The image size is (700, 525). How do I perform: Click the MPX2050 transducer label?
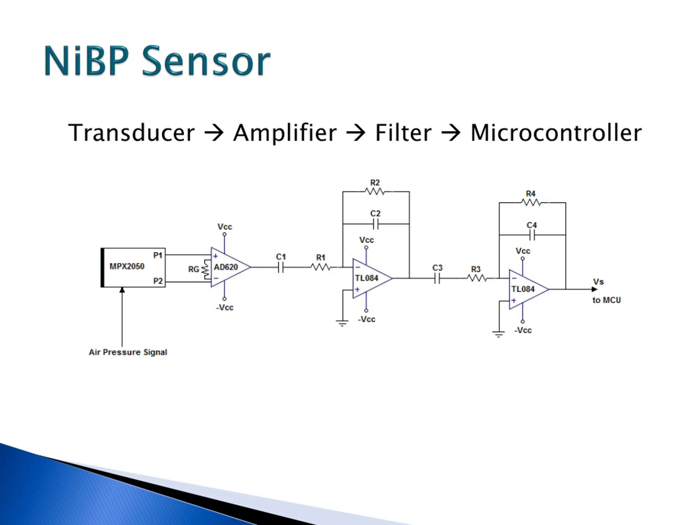point(127,266)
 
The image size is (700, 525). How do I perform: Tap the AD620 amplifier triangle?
point(231,267)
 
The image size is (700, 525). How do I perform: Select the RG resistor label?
point(193,269)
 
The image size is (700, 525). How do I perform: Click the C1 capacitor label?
point(281,257)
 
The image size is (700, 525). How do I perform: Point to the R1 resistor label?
point(320,257)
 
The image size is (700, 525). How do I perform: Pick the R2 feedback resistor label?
point(375,183)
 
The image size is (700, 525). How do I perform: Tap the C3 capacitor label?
point(437,268)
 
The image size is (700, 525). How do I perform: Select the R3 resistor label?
point(476,269)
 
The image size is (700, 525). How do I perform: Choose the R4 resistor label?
point(530,193)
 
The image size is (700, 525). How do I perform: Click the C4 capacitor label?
point(531,225)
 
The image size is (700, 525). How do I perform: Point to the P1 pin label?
point(157,255)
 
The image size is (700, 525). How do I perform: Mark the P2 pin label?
point(157,281)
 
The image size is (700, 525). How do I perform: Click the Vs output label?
point(598,281)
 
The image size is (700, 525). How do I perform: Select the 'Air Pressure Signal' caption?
point(128,352)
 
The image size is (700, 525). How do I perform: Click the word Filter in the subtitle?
point(403,133)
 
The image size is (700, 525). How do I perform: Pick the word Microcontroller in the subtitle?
point(556,133)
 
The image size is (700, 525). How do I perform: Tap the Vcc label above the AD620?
point(224,227)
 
